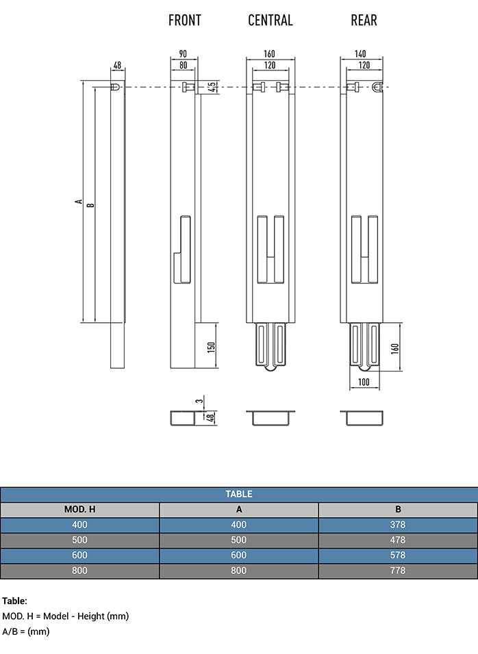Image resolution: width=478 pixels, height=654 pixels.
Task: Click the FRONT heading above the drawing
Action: (185, 21)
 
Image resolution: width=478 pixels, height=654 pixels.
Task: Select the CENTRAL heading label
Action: (271, 21)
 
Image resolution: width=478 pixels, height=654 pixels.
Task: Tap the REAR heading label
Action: (364, 21)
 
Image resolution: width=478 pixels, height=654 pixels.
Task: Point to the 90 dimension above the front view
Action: (184, 54)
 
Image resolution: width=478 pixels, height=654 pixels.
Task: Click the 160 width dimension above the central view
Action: (271, 54)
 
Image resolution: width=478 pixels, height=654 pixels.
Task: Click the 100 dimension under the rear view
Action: (364, 382)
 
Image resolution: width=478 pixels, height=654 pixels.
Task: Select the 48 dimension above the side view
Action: (117, 65)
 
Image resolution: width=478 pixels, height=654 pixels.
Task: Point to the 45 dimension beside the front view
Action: (212, 88)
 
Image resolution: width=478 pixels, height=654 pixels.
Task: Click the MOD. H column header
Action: (79, 510)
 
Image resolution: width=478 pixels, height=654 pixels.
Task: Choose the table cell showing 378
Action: (398, 525)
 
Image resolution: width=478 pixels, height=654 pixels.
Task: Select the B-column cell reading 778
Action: (398, 571)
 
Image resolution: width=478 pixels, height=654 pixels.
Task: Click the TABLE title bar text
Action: (239, 494)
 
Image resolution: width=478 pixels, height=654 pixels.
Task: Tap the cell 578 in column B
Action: (398, 555)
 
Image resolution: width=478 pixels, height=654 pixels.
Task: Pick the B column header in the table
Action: (398, 510)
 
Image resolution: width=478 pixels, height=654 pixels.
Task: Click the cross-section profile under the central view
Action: (271, 417)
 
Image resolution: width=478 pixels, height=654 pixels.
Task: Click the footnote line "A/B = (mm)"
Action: (26, 631)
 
